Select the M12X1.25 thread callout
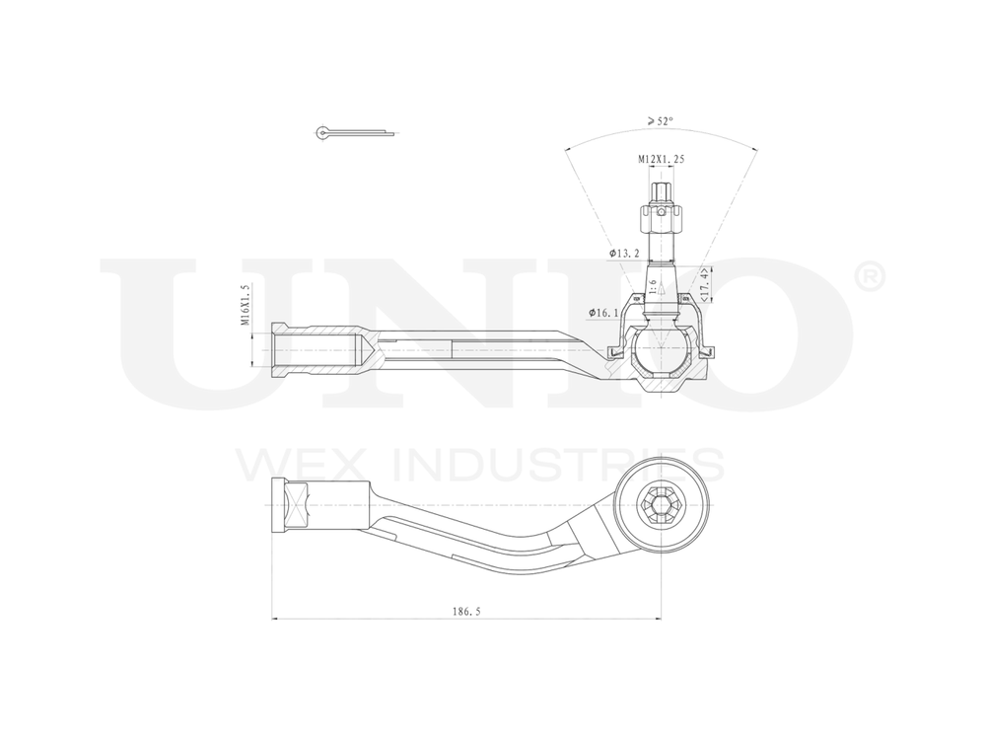(661, 159)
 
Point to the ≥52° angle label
(661, 121)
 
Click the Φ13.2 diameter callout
(626, 254)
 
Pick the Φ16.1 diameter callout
(603, 313)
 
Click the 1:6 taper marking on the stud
(652, 286)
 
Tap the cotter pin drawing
(355, 131)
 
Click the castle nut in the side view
(662, 211)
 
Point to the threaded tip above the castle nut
(661, 185)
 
